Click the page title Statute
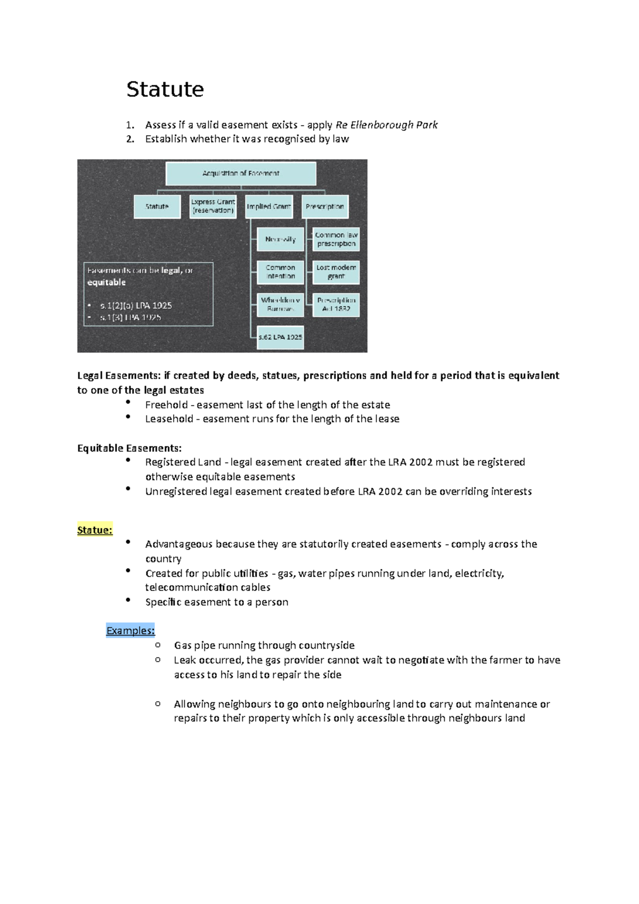[x=165, y=89]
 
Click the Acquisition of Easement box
[x=241, y=174]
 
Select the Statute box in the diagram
[x=157, y=207]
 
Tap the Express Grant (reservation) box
[x=213, y=207]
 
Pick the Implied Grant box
[x=269, y=207]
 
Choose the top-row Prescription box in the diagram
[x=325, y=207]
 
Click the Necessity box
[x=280, y=240]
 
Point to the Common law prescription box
[x=336, y=240]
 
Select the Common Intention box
[x=280, y=272]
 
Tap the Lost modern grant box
[x=336, y=272]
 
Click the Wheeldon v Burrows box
[x=280, y=305]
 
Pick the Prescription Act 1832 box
[x=336, y=305]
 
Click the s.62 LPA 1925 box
[x=280, y=338]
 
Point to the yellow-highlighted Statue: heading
[x=95, y=530]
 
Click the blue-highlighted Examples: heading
[x=130, y=631]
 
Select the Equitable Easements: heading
[x=129, y=448]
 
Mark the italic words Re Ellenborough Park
[x=387, y=125]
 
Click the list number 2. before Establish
[x=130, y=139]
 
